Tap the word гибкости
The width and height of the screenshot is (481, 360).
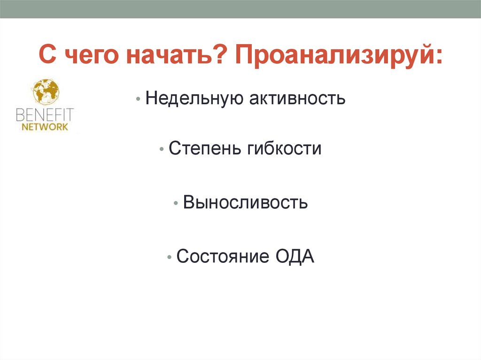click(x=284, y=149)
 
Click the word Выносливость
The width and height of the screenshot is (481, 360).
click(x=245, y=203)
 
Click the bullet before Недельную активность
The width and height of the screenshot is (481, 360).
click(x=138, y=100)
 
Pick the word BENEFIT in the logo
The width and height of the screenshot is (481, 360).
click(x=45, y=115)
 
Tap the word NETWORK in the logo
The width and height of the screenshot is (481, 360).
click(x=45, y=127)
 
